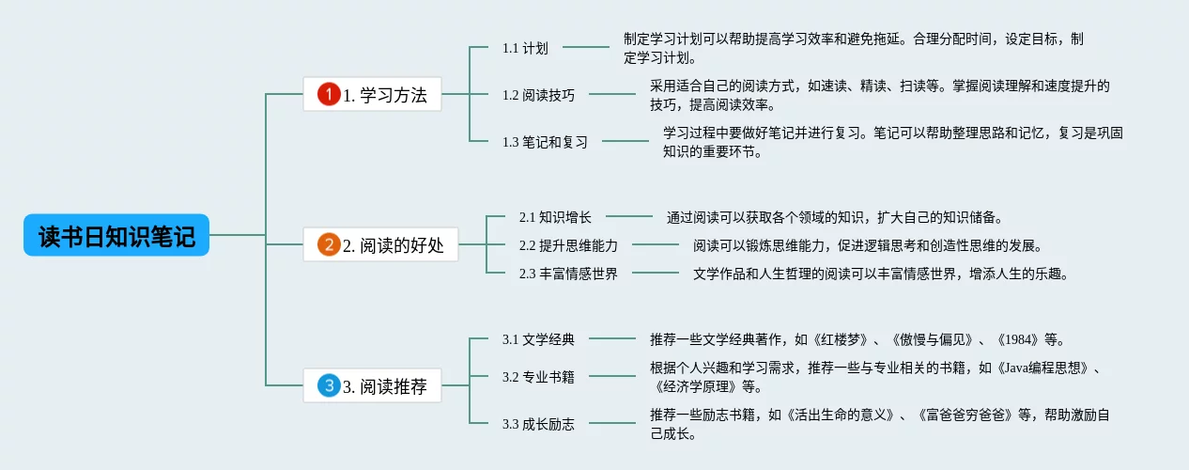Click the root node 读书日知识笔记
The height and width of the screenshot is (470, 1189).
(x=116, y=236)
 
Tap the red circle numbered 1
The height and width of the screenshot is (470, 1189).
(x=328, y=94)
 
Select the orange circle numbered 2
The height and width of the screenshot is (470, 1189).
(x=328, y=245)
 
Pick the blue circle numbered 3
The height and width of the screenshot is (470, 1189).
(x=328, y=385)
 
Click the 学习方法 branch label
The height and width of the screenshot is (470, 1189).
(x=385, y=95)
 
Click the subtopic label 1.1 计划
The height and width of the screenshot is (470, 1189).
(x=525, y=48)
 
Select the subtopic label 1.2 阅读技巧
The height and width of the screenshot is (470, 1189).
(x=538, y=95)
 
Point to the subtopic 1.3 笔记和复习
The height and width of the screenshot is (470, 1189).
(x=545, y=142)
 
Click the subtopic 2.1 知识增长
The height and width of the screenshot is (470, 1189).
(x=555, y=217)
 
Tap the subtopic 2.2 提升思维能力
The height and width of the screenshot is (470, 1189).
(x=568, y=245)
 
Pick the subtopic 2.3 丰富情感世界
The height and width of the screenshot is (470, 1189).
(x=568, y=274)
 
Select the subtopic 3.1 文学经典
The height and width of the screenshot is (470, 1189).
(x=538, y=339)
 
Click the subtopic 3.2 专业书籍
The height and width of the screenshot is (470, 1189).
(x=538, y=377)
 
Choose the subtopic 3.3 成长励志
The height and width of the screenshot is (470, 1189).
(x=538, y=424)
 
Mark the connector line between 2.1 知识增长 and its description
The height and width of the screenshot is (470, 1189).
(x=629, y=217)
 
